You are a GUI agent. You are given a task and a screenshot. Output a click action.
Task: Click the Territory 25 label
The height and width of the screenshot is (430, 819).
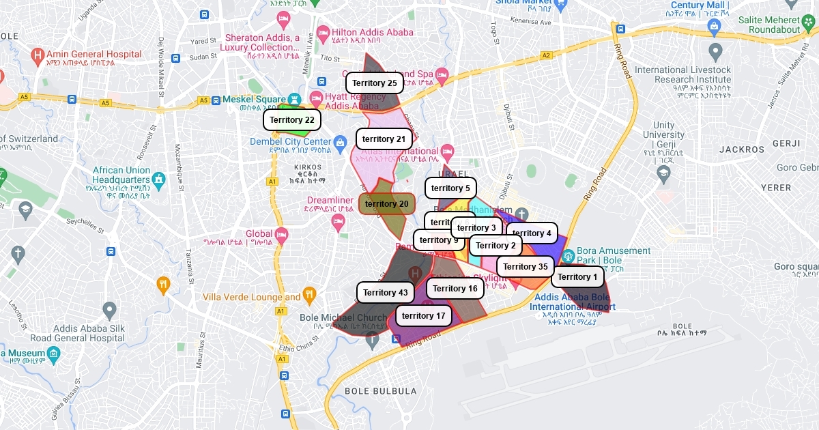point(375,83)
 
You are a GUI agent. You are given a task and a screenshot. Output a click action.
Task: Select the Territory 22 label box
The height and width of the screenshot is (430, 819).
point(292,120)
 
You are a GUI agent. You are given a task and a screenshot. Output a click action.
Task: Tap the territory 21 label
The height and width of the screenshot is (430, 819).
point(384,139)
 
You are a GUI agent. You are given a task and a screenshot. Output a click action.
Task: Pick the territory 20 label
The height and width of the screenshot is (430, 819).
point(387,204)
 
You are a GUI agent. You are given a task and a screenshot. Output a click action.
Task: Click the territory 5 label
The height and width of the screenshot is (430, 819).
point(450,188)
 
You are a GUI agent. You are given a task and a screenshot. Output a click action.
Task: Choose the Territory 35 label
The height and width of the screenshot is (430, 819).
point(526,267)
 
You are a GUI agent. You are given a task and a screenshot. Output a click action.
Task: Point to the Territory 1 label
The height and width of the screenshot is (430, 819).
point(577,277)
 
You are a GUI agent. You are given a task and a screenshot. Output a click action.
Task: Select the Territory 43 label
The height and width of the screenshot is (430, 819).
point(386,293)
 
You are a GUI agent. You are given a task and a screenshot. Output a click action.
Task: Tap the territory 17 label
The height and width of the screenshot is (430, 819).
point(423,316)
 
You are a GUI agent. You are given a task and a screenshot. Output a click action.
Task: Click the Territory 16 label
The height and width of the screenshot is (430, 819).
point(455,289)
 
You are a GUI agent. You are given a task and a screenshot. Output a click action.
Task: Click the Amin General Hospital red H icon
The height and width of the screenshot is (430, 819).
point(38,55)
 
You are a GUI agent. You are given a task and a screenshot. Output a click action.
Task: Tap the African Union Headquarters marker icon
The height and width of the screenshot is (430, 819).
point(159,180)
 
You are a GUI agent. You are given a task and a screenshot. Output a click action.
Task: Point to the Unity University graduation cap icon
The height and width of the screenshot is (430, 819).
point(663,173)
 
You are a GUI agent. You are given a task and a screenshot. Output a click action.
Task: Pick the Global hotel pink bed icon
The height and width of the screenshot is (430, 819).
point(282,235)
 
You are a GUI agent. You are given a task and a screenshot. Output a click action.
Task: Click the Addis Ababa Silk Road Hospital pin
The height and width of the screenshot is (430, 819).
point(109,311)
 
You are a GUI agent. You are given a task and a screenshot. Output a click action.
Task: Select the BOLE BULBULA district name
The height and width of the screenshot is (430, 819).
point(380,391)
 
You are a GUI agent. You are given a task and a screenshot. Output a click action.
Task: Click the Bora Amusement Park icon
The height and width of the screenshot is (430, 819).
point(568,256)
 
